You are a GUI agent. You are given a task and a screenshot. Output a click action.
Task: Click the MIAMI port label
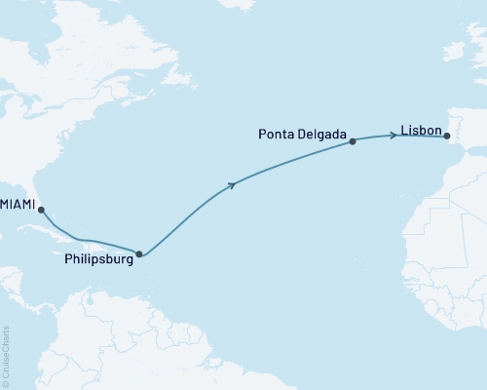[19, 205]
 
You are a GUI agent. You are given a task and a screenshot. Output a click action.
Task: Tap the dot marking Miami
[41, 210]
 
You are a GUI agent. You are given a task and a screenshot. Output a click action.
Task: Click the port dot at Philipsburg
[140, 254]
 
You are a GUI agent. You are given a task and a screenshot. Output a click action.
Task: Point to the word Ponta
[280, 130]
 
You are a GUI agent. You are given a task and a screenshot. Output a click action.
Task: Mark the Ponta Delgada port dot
[353, 141]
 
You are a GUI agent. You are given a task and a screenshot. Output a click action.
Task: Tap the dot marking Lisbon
[447, 137]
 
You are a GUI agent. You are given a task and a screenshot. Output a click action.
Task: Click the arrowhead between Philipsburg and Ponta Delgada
[232, 183]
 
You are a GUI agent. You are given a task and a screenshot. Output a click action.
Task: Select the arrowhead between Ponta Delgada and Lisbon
[392, 135]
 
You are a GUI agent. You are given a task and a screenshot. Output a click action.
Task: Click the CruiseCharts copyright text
[6, 352]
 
